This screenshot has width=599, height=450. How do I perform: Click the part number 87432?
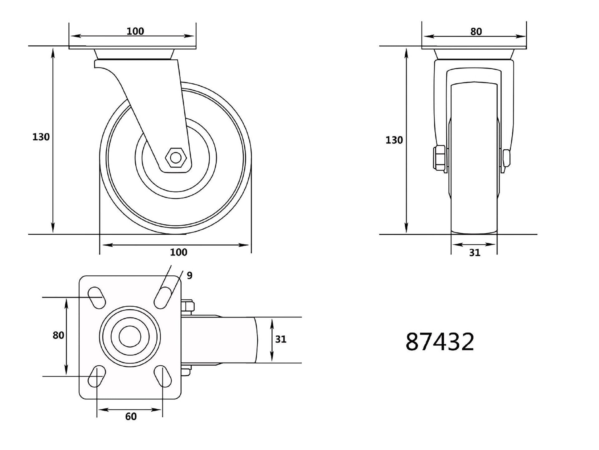[x=440, y=342]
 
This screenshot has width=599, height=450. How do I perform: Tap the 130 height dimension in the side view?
[x=41, y=137]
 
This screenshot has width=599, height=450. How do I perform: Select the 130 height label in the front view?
[x=394, y=140]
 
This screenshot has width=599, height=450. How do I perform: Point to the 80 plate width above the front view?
[x=476, y=32]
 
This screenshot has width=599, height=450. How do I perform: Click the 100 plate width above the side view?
[x=135, y=31]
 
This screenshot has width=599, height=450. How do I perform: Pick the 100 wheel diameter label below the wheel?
[x=178, y=252]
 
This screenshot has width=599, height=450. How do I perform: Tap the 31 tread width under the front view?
[x=475, y=253]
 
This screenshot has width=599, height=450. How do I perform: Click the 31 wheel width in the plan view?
[x=280, y=339]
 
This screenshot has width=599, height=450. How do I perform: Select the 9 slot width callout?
[x=189, y=276]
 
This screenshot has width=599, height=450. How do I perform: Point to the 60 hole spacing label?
[x=131, y=417]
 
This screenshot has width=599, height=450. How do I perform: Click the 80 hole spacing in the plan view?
[x=58, y=335]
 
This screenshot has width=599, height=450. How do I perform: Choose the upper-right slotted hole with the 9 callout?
[x=163, y=297]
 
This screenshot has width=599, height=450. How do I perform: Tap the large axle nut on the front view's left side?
[x=439, y=158]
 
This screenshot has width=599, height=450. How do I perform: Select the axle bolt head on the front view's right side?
[x=506, y=159]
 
